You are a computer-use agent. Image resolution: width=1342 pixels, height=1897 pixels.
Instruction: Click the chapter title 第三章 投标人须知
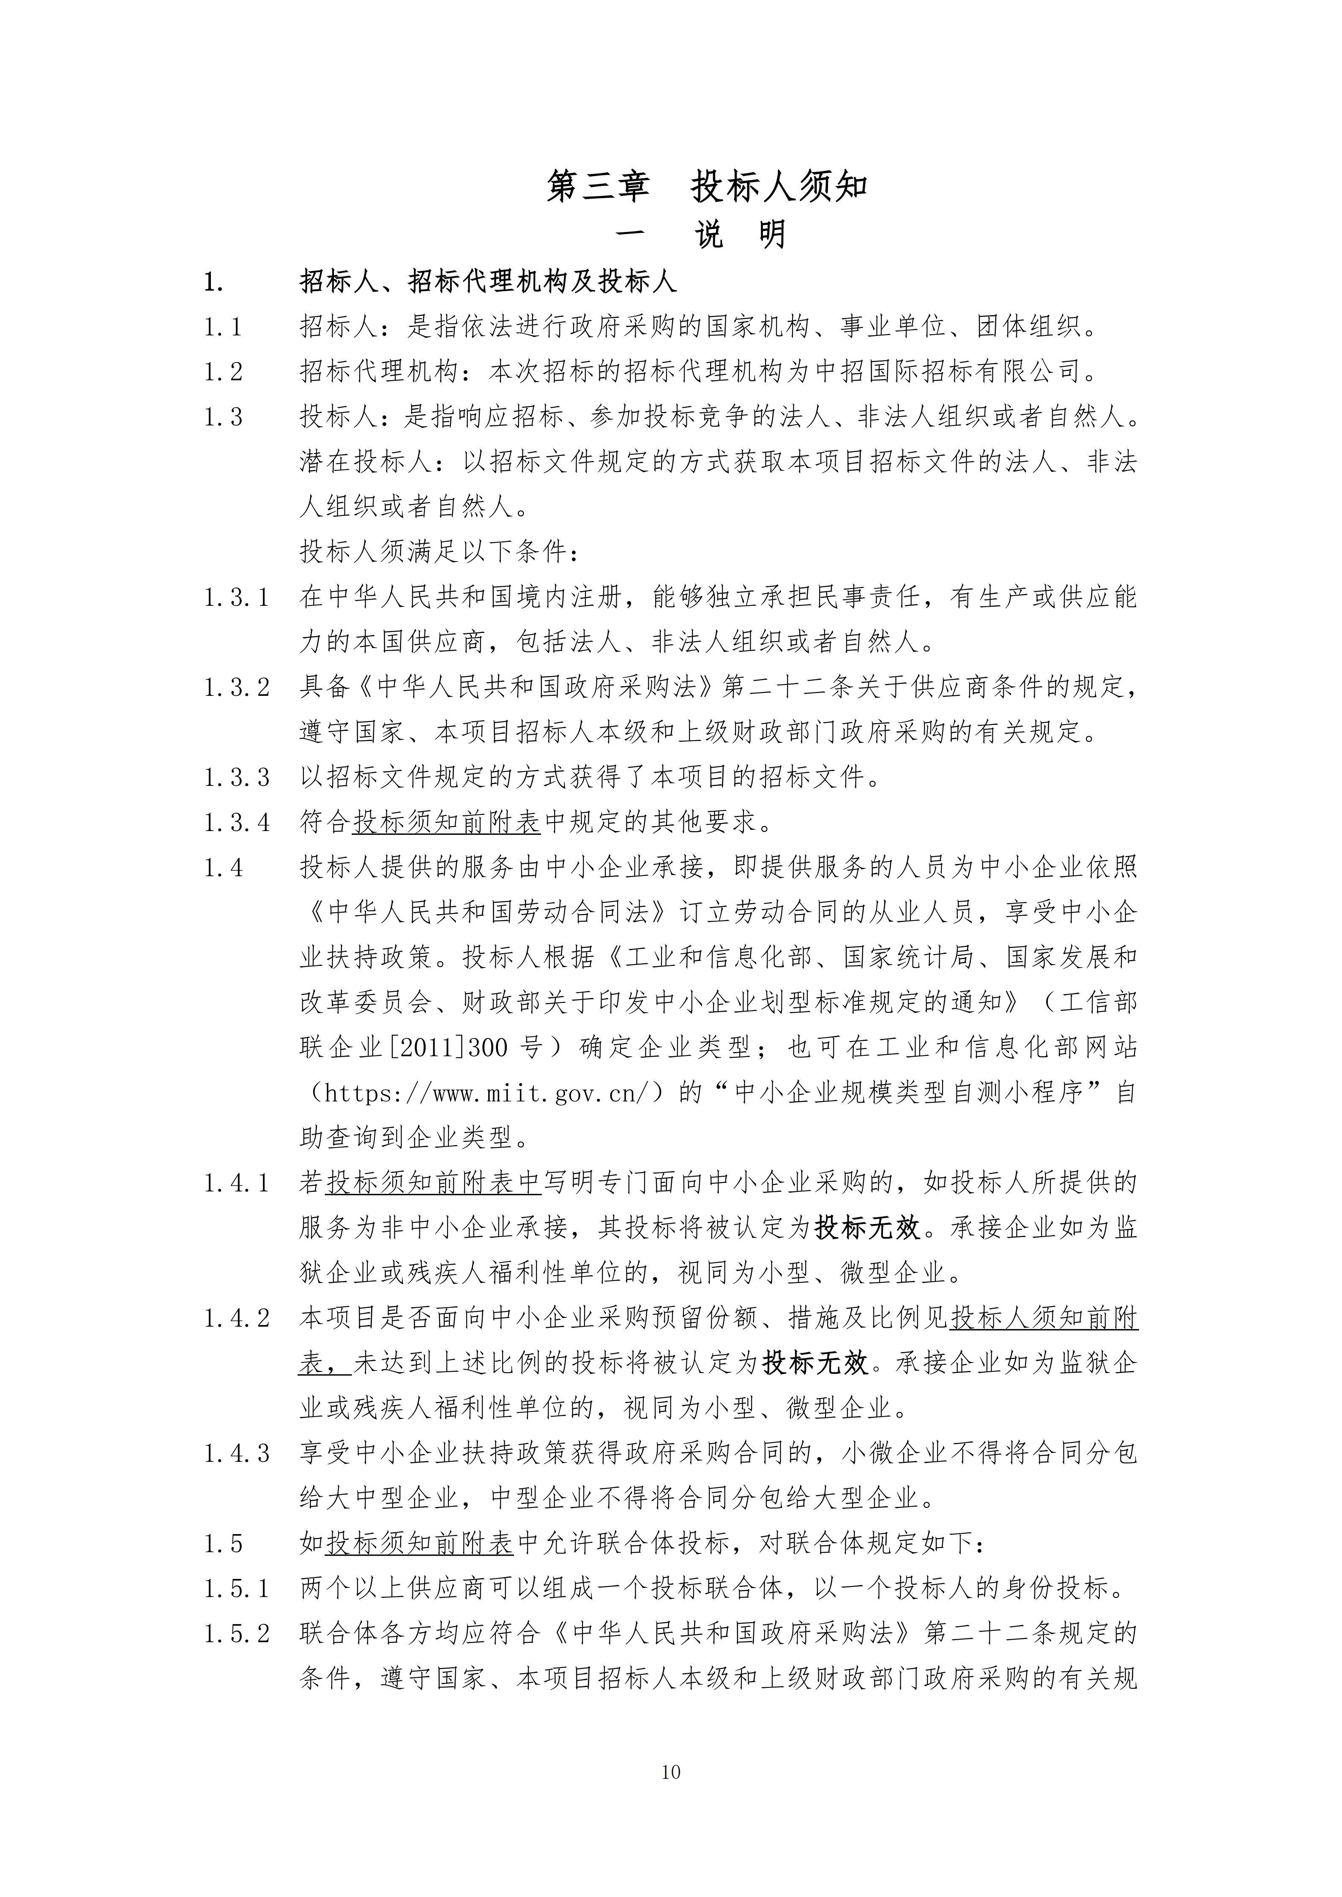pos(707,187)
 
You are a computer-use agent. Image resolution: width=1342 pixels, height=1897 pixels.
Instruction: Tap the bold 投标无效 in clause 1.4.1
pos(868,1228)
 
